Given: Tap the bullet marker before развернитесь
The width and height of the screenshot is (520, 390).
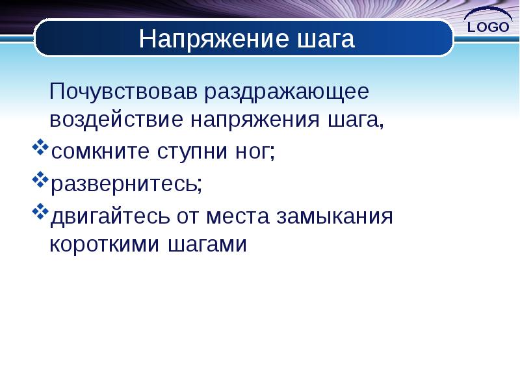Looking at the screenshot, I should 39,180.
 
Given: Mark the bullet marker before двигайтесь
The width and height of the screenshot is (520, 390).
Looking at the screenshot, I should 39,211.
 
